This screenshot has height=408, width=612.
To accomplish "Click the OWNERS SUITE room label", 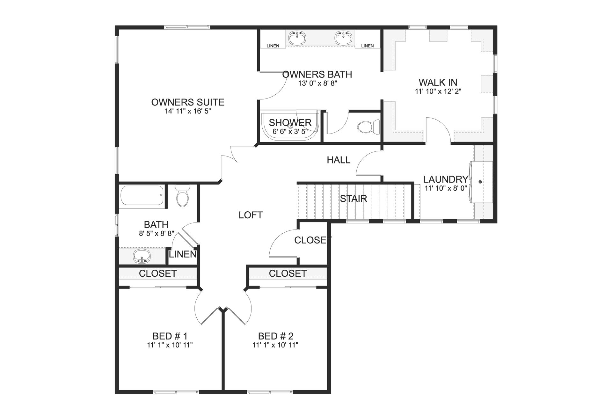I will click(188, 102).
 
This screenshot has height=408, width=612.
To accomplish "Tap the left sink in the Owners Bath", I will click(297, 38).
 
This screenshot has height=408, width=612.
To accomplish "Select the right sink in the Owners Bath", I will click(343, 38).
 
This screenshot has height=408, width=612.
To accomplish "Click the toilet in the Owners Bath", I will click(368, 127).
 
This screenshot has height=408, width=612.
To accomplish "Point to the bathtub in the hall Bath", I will click(142, 195).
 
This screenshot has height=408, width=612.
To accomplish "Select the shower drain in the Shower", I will click(290, 126).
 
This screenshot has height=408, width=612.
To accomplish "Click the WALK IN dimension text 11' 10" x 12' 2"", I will click(438, 91).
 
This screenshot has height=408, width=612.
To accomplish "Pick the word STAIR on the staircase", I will click(353, 199).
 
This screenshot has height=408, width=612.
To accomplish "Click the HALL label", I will click(339, 160).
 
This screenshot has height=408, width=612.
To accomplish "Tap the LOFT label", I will click(251, 215).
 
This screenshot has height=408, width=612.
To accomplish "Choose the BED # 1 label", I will click(170, 336).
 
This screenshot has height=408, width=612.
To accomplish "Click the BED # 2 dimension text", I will click(275, 345).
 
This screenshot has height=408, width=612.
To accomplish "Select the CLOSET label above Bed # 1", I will click(158, 273).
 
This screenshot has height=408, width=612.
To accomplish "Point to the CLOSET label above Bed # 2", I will click(288, 273).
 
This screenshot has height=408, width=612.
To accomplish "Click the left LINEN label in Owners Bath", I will click(273, 46).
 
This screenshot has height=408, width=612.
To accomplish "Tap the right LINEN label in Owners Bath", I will click(367, 46).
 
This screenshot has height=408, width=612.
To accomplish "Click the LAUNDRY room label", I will click(446, 179).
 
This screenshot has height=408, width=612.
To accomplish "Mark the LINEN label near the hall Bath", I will click(183, 254).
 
